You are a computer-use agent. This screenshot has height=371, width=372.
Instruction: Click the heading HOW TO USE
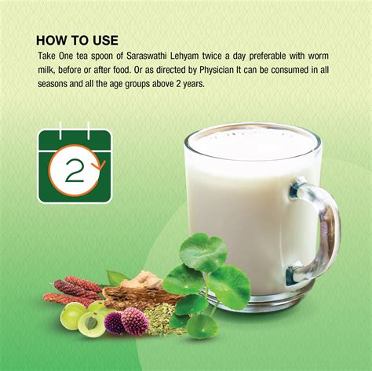tap(77, 41)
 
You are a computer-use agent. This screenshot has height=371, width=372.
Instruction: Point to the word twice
tap(212, 56)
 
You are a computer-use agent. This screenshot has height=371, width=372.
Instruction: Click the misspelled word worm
tap(318, 56)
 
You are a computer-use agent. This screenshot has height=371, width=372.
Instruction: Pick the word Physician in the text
tap(217, 71)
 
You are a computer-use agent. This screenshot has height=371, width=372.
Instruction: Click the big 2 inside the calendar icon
tap(75, 170)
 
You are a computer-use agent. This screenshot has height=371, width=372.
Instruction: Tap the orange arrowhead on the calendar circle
tap(100, 165)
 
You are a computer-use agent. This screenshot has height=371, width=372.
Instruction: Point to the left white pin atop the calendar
tap(60, 130)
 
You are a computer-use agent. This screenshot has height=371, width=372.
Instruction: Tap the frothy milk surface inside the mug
tap(253, 144)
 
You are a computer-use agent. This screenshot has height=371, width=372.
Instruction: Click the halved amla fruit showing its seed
tap(91, 324)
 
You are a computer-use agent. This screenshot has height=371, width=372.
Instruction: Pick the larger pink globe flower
tap(134, 321)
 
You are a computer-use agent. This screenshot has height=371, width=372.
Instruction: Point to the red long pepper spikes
tap(75, 291)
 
